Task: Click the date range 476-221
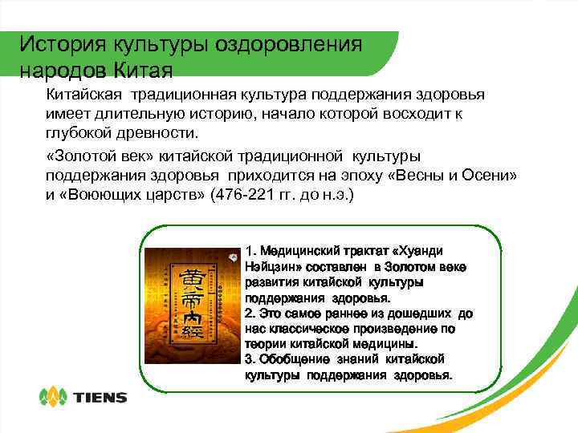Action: [242, 194]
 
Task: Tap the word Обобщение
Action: [298, 359]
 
